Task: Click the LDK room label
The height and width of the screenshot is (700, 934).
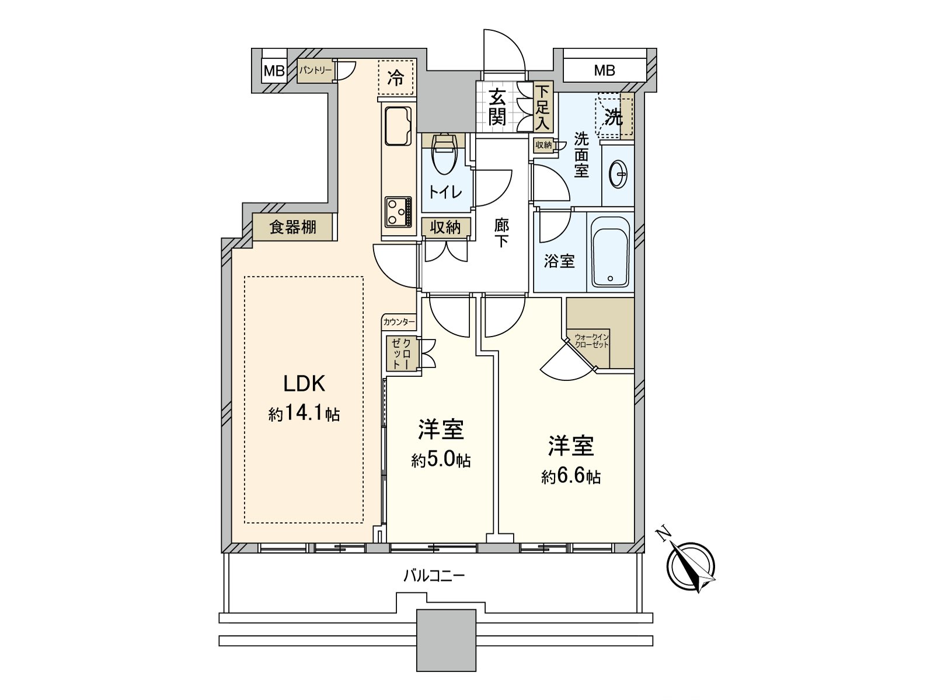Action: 304,383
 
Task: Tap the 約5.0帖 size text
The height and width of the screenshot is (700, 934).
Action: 441,461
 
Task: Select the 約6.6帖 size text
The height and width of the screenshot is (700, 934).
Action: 571,477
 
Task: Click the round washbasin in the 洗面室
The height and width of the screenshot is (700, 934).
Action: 618,173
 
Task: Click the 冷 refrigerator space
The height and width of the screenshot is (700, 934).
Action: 396,78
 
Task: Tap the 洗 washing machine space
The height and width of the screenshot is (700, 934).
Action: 613,117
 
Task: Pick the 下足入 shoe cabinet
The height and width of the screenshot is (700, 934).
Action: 543,108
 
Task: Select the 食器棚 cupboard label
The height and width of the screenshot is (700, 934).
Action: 293,228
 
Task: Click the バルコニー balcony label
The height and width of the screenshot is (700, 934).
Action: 434,577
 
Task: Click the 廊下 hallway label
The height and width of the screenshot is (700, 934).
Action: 501,233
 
